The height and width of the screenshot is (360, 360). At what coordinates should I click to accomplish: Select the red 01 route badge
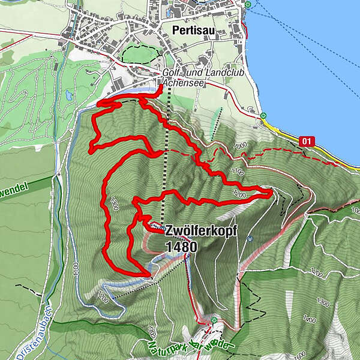click(307, 141)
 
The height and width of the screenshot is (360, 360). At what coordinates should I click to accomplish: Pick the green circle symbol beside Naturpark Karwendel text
click(214, 320)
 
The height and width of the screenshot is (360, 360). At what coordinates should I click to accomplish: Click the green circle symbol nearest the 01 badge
click(264, 116)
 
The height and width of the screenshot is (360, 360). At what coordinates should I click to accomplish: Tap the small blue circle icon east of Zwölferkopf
click(248, 238)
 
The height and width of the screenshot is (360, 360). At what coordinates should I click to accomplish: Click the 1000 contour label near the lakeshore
click(241, 146)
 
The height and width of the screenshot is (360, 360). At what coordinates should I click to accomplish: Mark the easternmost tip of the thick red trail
click(271, 191)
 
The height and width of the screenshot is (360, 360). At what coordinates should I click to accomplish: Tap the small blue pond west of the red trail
click(70, 95)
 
